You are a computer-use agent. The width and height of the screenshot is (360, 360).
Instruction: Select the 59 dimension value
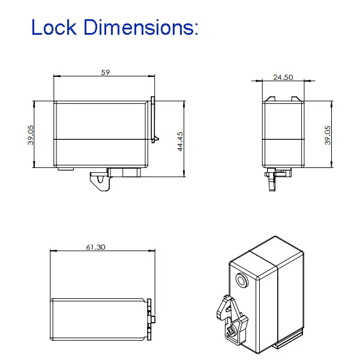pos(106,72)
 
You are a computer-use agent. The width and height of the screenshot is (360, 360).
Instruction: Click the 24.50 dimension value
pos(283,77)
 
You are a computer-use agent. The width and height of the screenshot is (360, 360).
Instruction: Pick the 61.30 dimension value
pos(96,247)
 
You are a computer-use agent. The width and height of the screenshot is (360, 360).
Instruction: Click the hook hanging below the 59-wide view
pos(101,181)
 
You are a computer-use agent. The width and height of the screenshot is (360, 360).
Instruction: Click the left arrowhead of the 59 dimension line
pos(56,76)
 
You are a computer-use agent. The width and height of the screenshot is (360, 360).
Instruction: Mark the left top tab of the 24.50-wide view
pos(269,98)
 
